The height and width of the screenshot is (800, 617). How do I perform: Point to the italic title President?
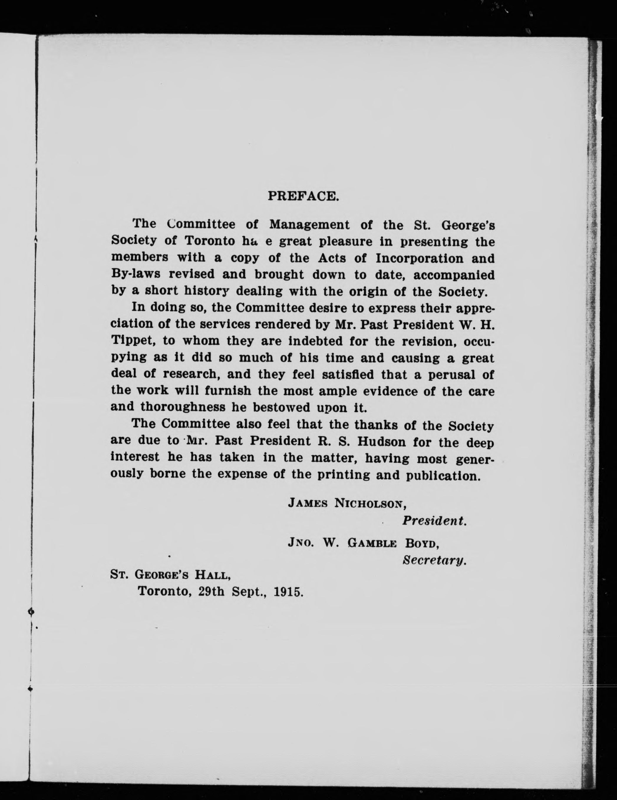pos(434,521)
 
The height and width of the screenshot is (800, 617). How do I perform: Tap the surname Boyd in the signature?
pos(422,543)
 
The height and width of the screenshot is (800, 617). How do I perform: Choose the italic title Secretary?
pos(434,560)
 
